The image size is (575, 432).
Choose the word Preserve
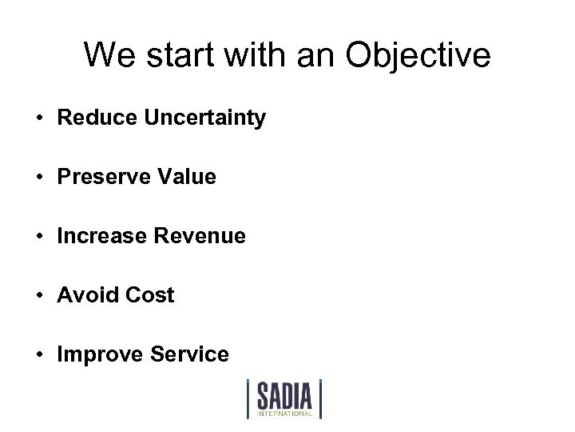pos(97,177)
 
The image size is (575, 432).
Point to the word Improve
pos(93,354)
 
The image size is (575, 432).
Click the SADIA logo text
pos(284,395)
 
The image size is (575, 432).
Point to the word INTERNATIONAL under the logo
pos(284,414)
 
